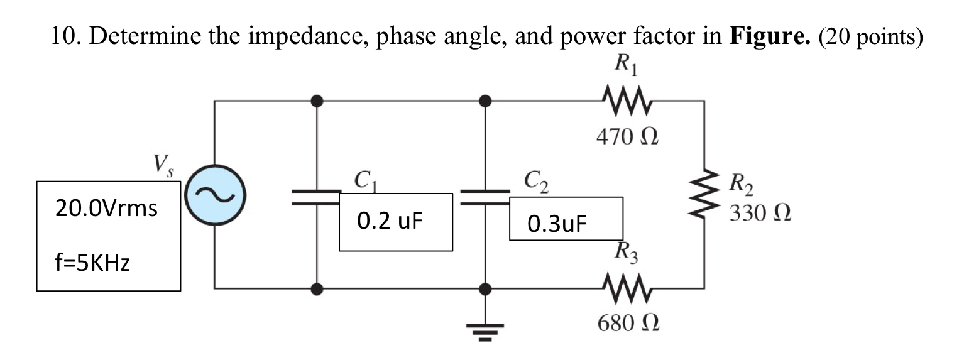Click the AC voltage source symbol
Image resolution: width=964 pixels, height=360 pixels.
click(x=214, y=195)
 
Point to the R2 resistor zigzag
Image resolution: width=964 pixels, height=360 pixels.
click(x=704, y=195)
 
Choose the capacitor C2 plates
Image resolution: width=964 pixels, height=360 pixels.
click(x=485, y=195)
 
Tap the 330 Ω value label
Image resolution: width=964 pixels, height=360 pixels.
click(x=760, y=214)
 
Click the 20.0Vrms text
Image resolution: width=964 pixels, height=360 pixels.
click(x=106, y=208)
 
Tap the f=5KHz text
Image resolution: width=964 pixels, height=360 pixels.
click(x=92, y=263)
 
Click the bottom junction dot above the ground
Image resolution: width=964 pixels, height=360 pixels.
click(x=485, y=288)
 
